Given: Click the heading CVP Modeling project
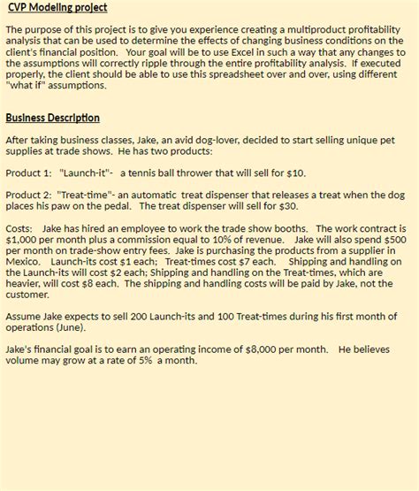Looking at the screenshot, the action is (57, 8).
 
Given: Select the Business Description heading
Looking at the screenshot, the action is (52, 118).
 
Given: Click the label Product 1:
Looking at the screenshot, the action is (29, 173).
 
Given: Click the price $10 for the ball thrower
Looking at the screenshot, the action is (296, 173).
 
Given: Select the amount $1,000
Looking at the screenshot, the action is (20, 239).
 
